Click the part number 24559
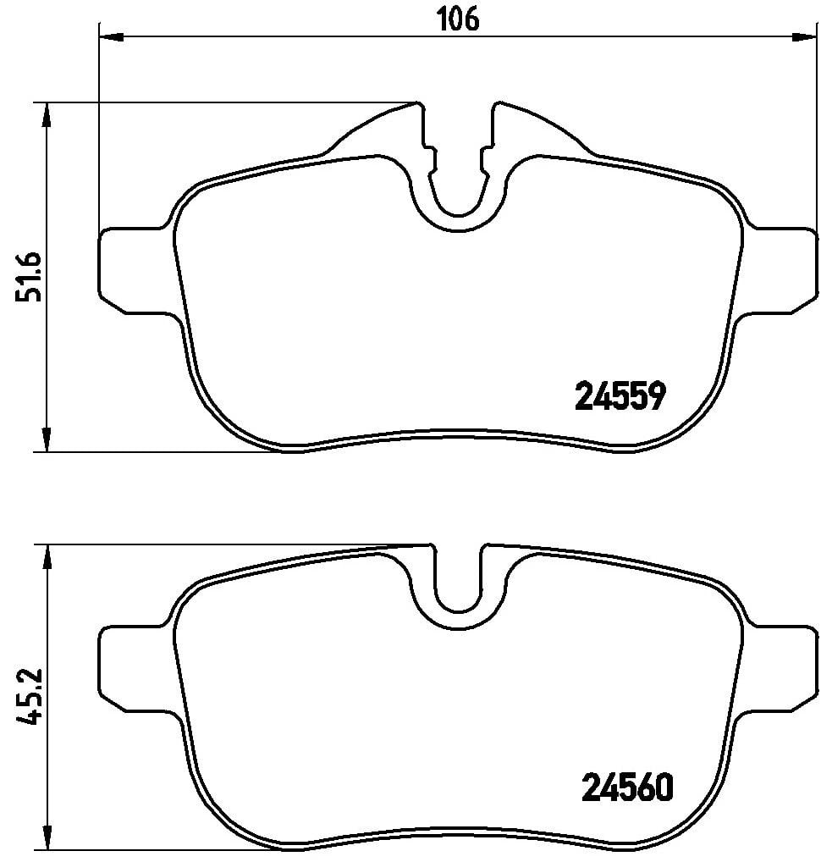tap(621, 395)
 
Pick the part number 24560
tap(627, 788)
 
